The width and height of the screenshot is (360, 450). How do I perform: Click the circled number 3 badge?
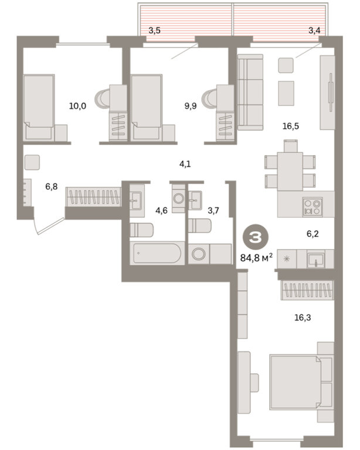pos(256,237)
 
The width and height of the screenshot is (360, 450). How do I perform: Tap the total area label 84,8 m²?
pos(256,258)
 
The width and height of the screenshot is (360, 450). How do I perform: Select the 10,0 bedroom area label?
pos(77,106)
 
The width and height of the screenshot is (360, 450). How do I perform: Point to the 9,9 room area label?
pos(191,106)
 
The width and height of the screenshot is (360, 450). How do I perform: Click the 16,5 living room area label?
pos(291,126)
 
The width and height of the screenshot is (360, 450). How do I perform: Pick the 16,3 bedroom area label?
pos(303,318)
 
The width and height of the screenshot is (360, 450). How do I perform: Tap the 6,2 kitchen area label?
pos(313,234)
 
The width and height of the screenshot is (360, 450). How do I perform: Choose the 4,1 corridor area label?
pos(185,165)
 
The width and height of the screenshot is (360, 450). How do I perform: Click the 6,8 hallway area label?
pos(52,187)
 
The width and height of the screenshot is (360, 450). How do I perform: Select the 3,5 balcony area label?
pos(154,30)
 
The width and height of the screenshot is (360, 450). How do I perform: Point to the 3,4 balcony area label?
pos(314,30)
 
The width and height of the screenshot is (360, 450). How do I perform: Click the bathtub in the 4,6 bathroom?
pos(157,253)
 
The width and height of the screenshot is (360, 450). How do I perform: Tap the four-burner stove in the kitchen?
pos(313,207)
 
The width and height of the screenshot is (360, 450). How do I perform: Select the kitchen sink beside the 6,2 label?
pos(316,258)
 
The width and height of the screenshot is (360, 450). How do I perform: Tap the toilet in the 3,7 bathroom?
pos(200,225)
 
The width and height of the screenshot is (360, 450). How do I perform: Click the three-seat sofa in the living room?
pos(250,92)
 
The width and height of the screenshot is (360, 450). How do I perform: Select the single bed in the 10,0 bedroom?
pos(39,107)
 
